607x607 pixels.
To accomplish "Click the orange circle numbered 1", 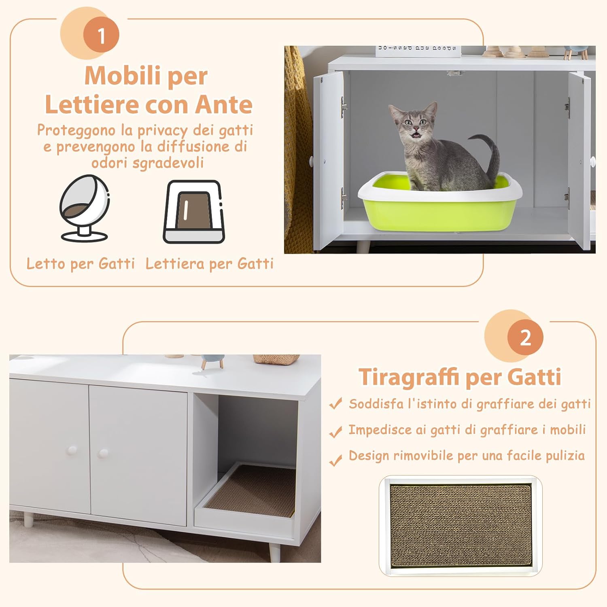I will point(101,36).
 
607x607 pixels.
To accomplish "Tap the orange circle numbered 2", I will point(525,337).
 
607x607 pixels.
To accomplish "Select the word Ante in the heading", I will point(224,105).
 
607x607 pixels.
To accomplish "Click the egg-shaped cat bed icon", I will point(85,208).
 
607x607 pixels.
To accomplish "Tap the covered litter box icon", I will point(194,212).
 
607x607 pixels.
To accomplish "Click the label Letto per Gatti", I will point(81,264).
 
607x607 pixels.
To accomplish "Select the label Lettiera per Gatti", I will point(210,264).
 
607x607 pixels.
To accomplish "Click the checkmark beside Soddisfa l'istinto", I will point(335,404).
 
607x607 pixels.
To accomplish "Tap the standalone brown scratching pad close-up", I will point(460,525).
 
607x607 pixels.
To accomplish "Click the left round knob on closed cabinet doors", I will point(72,450).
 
